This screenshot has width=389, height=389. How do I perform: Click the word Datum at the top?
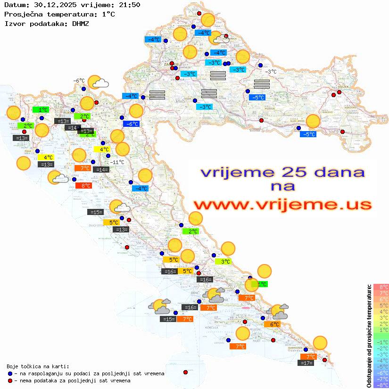(x=14, y=6)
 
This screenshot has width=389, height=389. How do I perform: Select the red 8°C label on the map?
(x=83, y=186)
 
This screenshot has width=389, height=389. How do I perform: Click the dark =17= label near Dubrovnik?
(x=306, y=363)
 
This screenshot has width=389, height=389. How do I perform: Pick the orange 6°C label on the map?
(x=272, y=324)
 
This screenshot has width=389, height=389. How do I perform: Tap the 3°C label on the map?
(x=223, y=261)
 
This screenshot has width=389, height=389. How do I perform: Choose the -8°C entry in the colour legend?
(x=381, y=385)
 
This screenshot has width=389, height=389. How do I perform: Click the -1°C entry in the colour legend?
(x=381, y=342)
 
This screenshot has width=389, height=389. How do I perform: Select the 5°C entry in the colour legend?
(x=381, y=306)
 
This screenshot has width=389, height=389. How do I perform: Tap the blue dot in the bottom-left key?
(x=10, y=373)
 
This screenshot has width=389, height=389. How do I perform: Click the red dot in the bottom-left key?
(x=10, y=381)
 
